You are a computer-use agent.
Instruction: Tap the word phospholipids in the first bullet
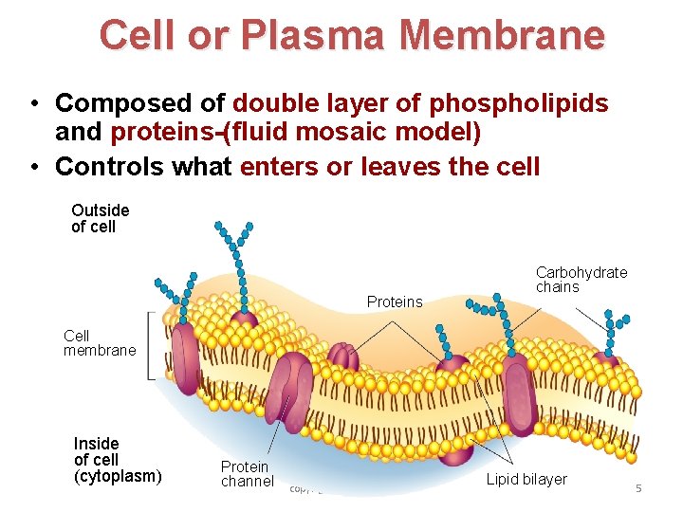coord(519,102)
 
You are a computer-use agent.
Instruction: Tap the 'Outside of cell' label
coord(100,218)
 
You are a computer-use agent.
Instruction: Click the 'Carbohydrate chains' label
coord(581,280)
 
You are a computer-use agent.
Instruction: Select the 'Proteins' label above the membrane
coord(394,302)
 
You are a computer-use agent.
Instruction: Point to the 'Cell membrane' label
coord(99,343)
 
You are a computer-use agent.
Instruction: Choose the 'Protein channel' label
coord(247,473)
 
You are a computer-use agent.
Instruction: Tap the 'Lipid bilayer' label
coord(526,480)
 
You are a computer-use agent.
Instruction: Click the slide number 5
coord(638,488)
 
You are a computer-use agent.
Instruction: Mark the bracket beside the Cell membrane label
coord(151,346)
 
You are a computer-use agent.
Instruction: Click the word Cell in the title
coord(138,36)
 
